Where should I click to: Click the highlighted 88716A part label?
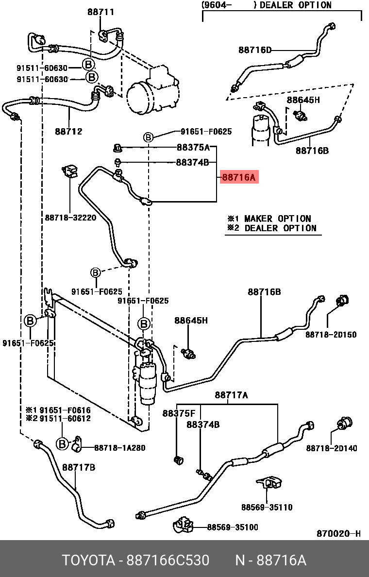click(238, 177)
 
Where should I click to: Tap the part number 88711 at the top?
click(101, 12)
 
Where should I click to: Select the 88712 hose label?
click(68, 131)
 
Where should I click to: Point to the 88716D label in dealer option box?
click(255, 50)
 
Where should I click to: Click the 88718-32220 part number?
click(70, 218)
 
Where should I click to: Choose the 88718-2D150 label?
click(331, 335)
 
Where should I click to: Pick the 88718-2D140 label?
click(332, 448)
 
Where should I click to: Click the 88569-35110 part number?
click(267, 508)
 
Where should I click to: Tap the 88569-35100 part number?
click(233, 527)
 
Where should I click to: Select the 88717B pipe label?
click(78, 468)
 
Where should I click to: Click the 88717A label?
click(231, 396)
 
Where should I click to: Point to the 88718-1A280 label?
click(120, 448)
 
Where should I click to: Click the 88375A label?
click(193, 148)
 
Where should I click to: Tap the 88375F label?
click(179, 413)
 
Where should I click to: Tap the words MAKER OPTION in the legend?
click(277, 219)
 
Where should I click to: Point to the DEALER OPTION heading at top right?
click(296, 5)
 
